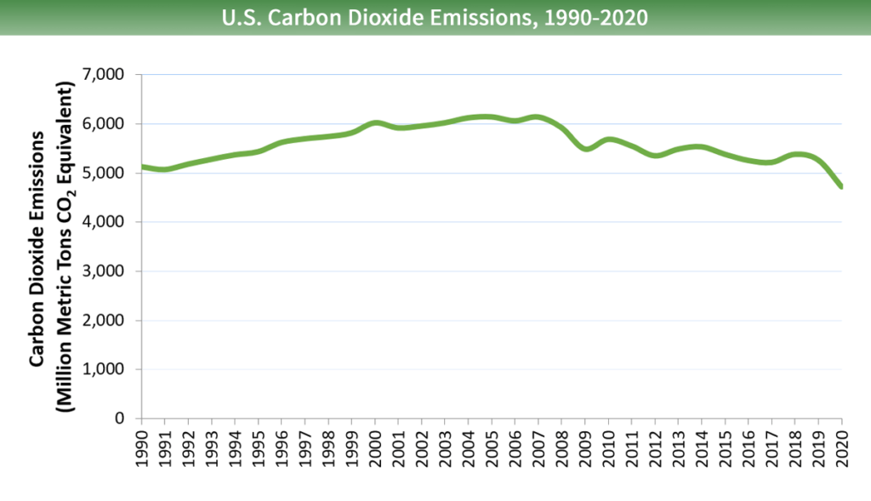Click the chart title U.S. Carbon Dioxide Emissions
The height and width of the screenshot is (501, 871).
tap(435, 18)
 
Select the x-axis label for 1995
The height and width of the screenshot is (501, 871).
tap(258, 447)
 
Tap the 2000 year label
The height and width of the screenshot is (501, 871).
tap(375, 447)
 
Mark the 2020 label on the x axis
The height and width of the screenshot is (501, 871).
tap(842, 447)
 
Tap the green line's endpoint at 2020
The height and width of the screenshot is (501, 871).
tap(841, 186)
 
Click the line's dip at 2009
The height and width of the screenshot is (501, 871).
tap(585, 149)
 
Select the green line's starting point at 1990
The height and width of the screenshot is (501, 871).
tap(142, 167)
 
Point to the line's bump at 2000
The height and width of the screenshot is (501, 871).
tap(376, 123)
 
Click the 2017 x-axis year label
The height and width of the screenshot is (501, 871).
tap(772, 447)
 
